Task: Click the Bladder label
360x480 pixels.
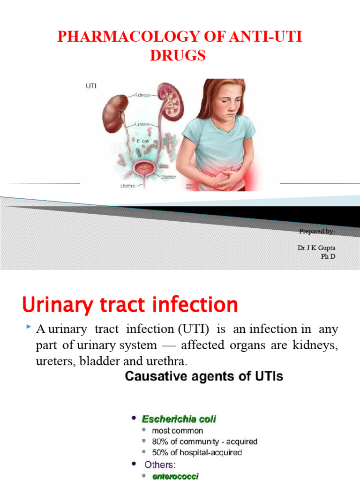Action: click(x=168, y=177)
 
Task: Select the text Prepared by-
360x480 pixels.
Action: click(x=317, y=231)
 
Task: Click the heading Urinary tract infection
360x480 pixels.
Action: click(x=130, y=306)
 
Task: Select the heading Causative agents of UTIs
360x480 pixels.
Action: click(x=203, y=377)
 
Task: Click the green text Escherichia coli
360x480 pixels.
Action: click(x=180, y=419)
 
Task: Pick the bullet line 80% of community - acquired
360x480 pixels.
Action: click(x=204, y=442)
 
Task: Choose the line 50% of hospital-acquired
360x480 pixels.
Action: click(x=197, y=453)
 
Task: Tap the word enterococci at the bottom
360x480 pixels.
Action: click(x=175, y=476)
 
